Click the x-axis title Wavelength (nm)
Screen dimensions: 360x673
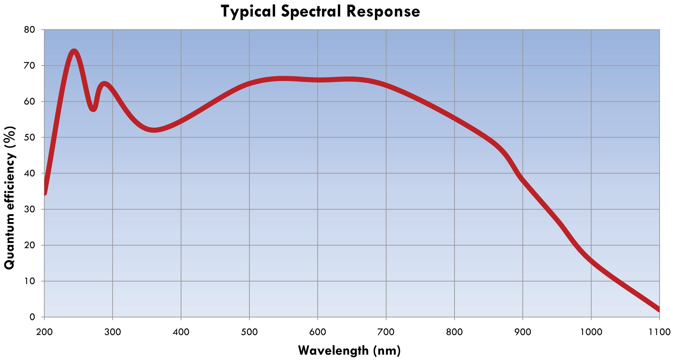click(x=349, y=350)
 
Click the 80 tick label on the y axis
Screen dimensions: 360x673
click(x=29, y=29)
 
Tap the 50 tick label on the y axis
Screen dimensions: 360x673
click(x=29, y=138)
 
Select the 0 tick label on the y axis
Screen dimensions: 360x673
click(x=32, y=317)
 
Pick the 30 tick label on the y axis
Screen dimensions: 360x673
click(x=29, y=209)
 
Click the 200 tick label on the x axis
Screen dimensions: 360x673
click(x=44, y=332)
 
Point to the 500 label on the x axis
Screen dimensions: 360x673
click(x=250, y=332)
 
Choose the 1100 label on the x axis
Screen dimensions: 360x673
click(x=659, y=332)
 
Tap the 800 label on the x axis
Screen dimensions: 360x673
click(x=455, y=332)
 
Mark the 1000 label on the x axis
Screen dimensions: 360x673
click(x=591, y=332)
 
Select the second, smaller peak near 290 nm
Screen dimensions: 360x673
click(x=104, y=84)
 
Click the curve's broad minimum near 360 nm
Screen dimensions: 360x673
click(x=154, y=130)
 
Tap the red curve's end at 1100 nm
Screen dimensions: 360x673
click(x=659, y=309)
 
